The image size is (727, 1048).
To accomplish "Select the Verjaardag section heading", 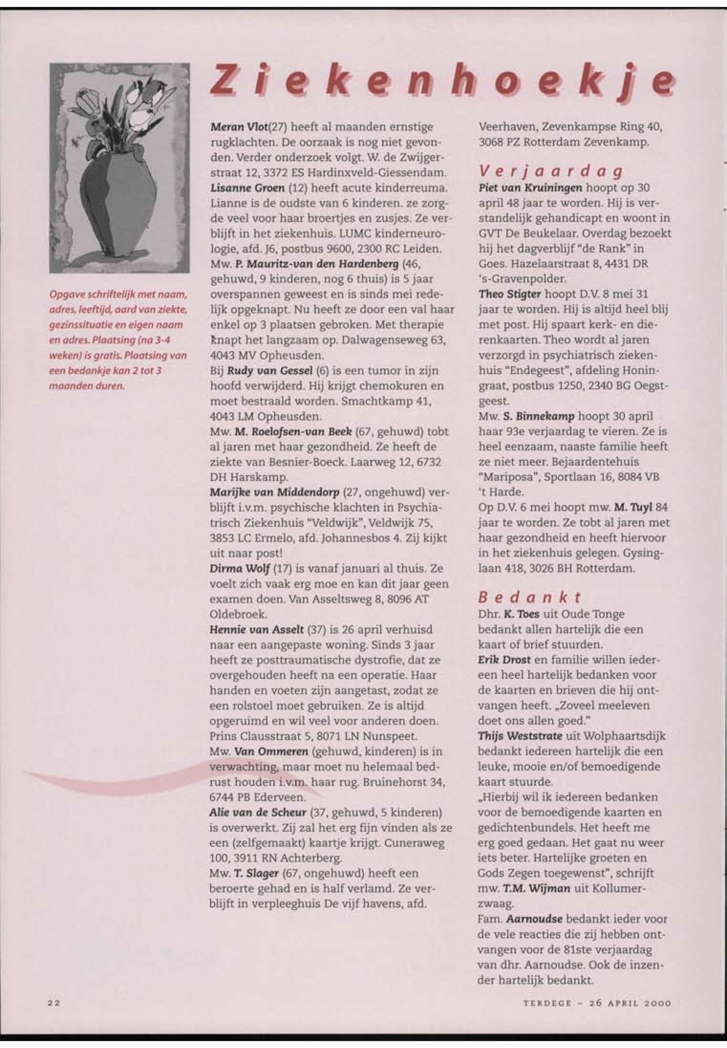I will coord(552,172).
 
